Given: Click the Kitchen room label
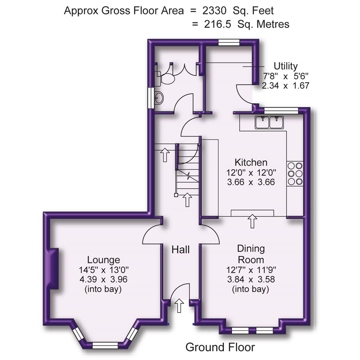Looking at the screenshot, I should click(x=251, y=163).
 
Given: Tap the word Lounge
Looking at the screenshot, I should click(x=103, y=260).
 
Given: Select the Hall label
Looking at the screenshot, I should click(x=181, y=249).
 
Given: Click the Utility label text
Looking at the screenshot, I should click(x=285, y=66).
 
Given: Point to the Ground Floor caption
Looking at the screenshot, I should click(x=220, y=347).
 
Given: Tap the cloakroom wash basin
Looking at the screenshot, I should click(x=159, y=98).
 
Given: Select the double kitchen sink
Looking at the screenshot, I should click(x=269, y=122).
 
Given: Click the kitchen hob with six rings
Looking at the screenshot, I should click(x=295, y=173).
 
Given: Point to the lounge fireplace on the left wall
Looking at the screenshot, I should click(x=53, y=268).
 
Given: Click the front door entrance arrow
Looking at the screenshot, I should click(x=179, y=305).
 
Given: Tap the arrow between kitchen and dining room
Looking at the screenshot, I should click(x=253, y=221).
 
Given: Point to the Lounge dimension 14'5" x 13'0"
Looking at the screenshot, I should click(x=103, y=269).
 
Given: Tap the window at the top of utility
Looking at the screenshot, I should click(x=229, y=42).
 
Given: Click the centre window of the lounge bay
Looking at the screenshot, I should click(x=105, y=345).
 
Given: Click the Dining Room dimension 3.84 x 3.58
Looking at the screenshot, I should click(x=251, y=279).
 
